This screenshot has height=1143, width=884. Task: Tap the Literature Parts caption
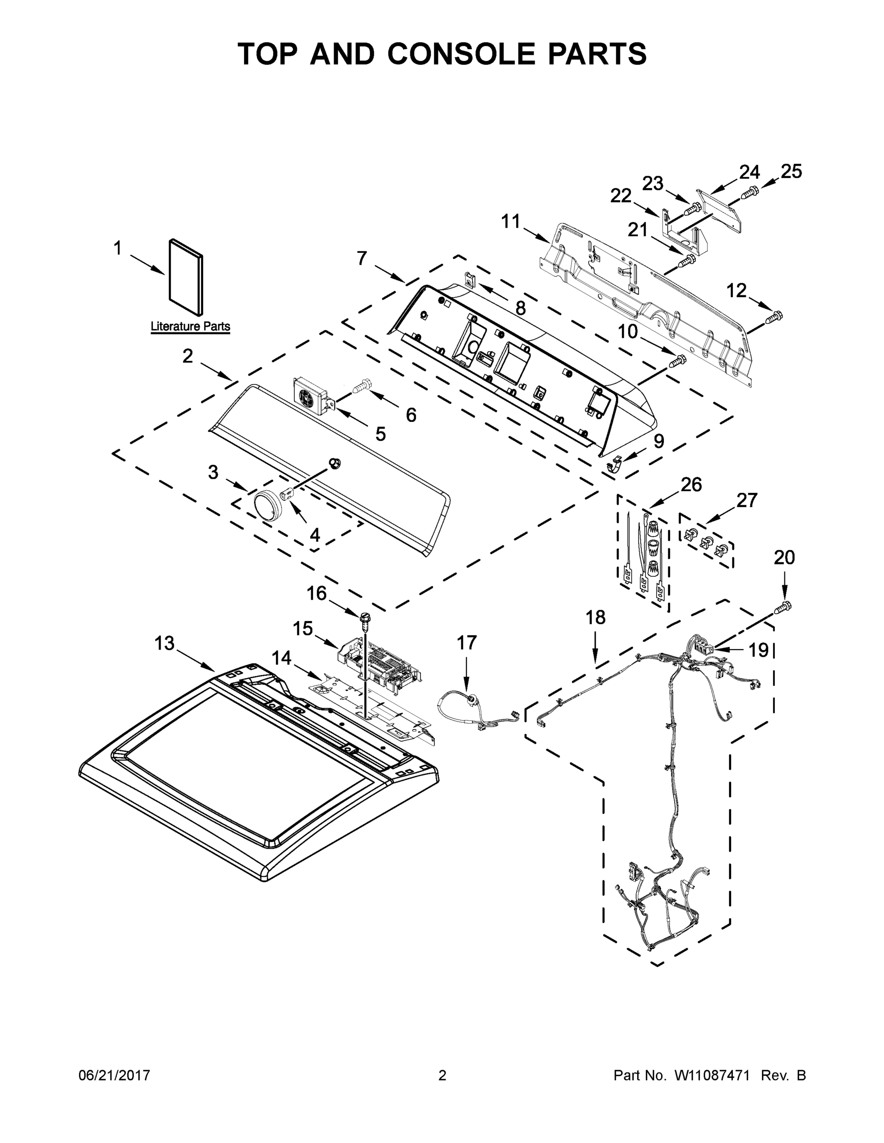tap(190, 327)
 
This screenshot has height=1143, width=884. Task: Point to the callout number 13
tap(164, 643)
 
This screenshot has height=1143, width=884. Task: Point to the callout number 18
tap(595, 618)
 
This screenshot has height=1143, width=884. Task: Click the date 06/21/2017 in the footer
tap(114, 1075)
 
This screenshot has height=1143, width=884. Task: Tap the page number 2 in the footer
tap(442, 1075)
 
